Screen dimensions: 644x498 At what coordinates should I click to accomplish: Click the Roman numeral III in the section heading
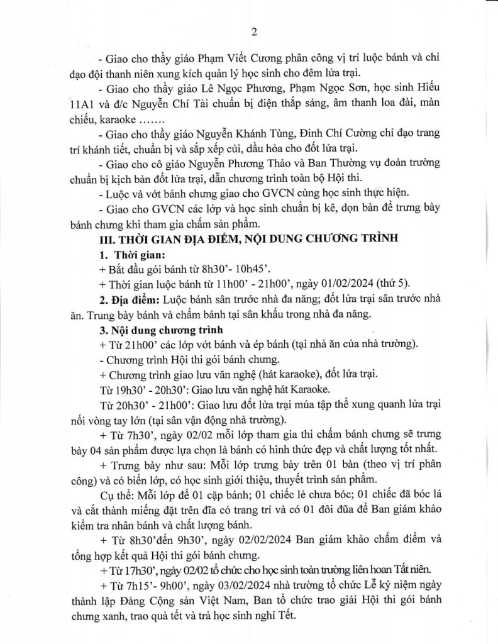point(102,240)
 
